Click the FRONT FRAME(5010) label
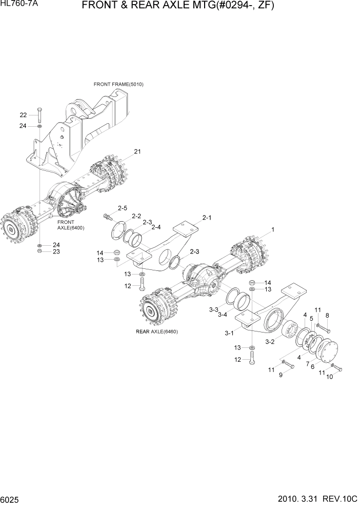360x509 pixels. click(118, 84)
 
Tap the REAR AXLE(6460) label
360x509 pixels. click(156, 331)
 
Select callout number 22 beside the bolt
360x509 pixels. click(23, 114)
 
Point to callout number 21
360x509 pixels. click(137, 151)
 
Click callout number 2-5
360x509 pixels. click(122, 208)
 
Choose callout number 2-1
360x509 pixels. click(207, 218)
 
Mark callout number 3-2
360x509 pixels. click(270, 341)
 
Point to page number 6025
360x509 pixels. click(11, 499)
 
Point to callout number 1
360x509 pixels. click(273, 230)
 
